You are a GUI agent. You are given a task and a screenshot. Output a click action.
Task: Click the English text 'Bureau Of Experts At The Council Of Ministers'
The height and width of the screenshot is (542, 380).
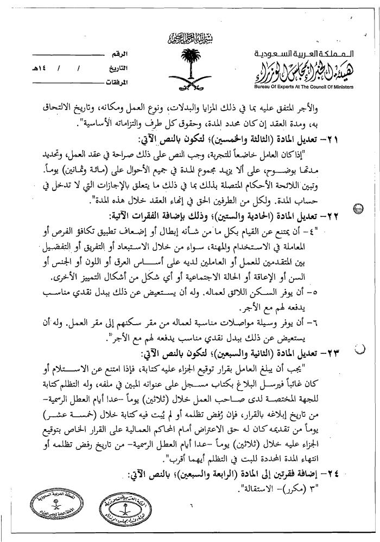(x=303, y=87)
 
